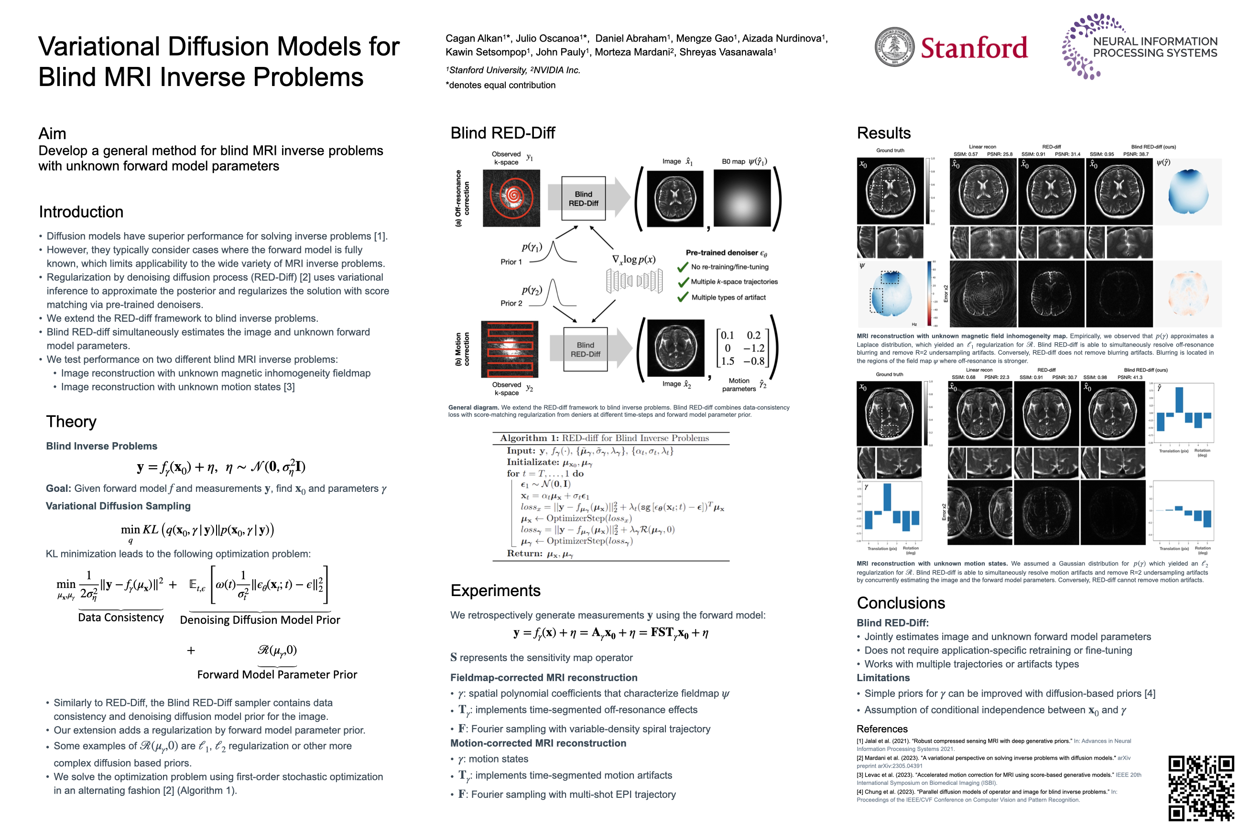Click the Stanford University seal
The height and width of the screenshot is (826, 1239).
click(x=894, y=47)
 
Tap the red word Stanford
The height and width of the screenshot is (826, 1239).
click(x=974, y=48)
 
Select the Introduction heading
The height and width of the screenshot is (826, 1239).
click(x=81, y=212)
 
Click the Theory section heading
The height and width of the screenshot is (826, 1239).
click(x=71, y=422)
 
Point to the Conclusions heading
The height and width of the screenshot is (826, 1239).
click(x=901, y=603)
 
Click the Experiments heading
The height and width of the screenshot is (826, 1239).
click(x=495, y=590)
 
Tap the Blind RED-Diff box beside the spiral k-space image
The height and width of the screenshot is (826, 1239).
click(x=583, y=198)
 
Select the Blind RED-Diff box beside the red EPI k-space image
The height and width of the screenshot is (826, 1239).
click(x=585, y=349)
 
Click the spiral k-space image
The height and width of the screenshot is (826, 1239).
click(x=511, y=198)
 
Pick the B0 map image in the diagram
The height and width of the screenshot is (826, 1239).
click(x=742, y=198)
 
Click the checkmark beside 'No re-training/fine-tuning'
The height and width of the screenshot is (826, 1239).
click(x=683, y=267)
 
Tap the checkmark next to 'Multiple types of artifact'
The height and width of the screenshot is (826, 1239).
click(x=683, y=297)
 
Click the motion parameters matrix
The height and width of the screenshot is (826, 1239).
click(x=742, y=348)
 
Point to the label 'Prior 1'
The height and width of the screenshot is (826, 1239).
click(x=511, y=262)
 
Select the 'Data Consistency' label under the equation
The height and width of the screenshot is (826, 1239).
click(x=120, y=618)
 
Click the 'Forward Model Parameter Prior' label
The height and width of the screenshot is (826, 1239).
click(x=277, y=674)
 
